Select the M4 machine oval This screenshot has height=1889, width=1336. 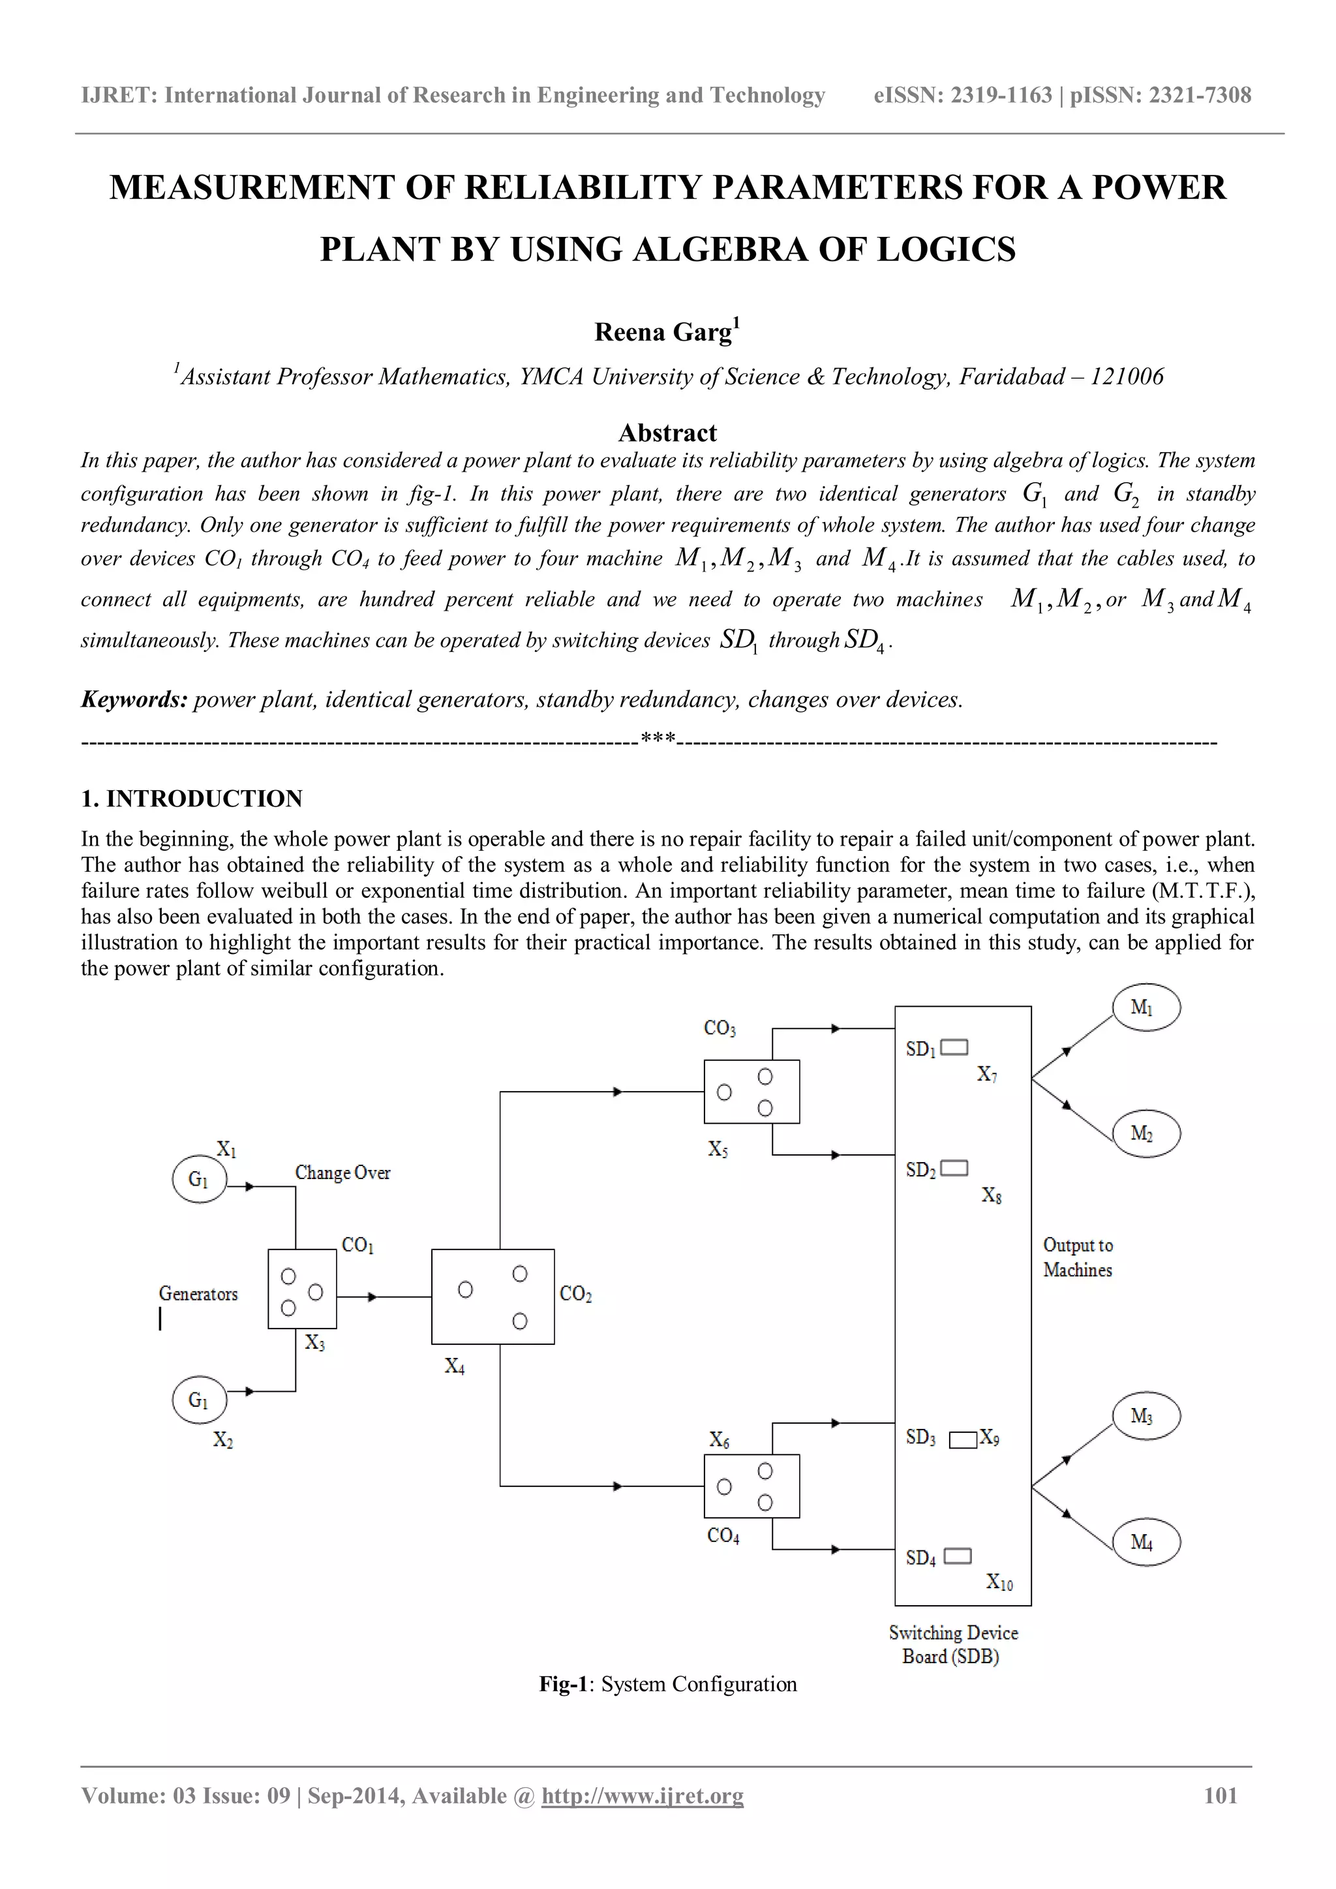[x=1146, y=1542]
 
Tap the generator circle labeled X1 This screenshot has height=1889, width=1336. [x=199, y=1179]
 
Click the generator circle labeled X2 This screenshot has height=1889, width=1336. [x=199, y=1400]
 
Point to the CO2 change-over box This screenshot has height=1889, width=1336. [x=493, y=1297]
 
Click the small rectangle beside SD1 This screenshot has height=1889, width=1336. [x=954, y=1047]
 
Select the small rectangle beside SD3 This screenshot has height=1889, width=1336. [x=962, y=1440]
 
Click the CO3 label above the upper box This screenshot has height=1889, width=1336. [x=720, y=1028]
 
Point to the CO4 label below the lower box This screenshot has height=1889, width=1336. [x=723, y=1536]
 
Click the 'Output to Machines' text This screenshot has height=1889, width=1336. [x=1078, y=1257]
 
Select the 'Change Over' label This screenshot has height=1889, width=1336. [x=342, y=1173]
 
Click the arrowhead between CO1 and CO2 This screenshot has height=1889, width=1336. [x=372, y=1297]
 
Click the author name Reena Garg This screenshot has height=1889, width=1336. [x=662, y=332]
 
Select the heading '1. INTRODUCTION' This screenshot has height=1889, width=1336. [x=192, y=798]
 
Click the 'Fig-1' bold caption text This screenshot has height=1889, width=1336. [x=564, y=1684]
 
